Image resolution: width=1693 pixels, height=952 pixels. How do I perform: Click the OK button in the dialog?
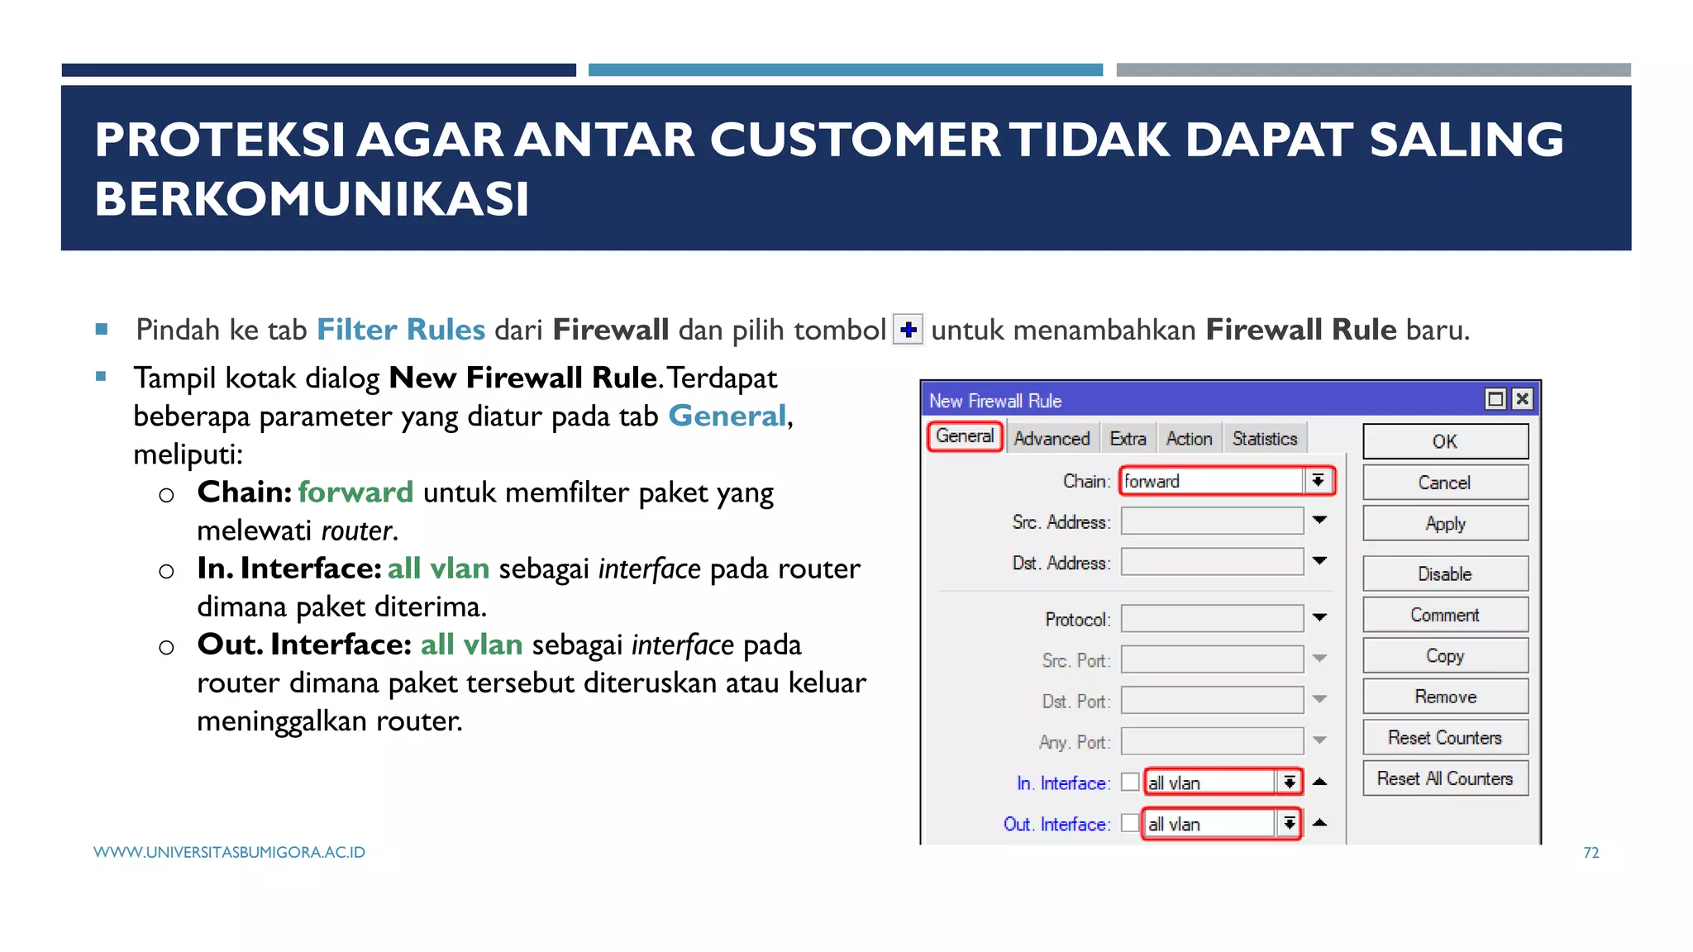point(1445,441)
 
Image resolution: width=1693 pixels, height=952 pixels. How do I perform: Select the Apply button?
point(1445,524)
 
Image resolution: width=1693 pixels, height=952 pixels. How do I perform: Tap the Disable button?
point(1445,574)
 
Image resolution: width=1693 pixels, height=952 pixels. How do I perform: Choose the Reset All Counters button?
point(1445,778)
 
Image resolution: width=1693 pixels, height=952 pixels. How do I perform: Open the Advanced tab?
point(1052,439)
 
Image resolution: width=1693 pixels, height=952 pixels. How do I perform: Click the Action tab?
point(1189,439)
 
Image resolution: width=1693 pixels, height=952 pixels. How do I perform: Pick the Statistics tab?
point(1265,439)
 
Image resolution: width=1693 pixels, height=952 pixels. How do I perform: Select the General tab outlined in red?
point(965,436)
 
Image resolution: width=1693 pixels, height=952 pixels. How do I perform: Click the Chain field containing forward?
point(1211,481)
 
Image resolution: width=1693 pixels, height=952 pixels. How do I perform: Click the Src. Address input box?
point(1212,521)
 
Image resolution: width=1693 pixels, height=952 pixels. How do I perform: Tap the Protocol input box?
point(1212,619)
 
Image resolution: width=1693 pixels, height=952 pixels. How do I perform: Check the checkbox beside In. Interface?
point(1130,782)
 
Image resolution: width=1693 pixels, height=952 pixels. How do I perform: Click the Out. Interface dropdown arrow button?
point(1289,823)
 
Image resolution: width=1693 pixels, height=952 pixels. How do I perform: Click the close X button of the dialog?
point(1522,400)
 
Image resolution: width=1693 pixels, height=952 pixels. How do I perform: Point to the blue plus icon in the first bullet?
point(908,330)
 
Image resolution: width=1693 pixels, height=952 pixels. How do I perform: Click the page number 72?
point(1590,853)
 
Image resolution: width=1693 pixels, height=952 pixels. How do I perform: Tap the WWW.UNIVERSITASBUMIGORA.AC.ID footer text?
point(229,853)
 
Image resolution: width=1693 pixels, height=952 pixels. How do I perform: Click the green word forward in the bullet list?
point(355,493)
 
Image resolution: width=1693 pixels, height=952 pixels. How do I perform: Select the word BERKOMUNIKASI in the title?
point(312,199)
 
